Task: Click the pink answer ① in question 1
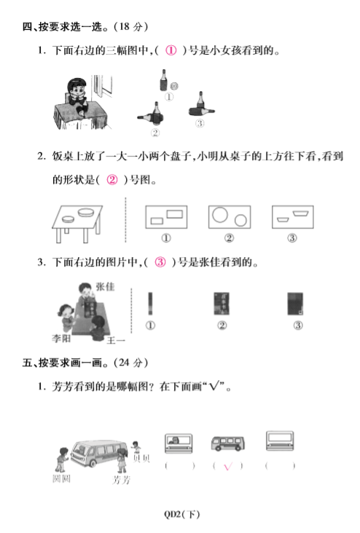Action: [x=171, y=50]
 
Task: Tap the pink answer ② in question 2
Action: [x=112, y=179]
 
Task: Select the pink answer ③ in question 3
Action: [x=160, y=262]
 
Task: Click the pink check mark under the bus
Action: [x=228, y=466]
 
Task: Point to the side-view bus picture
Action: [x=227, y=443]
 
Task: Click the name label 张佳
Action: [x=105, y=287]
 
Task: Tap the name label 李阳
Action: [x=61, y=339]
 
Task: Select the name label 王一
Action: [x=116, y=340]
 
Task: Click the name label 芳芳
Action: [x=122, y=480]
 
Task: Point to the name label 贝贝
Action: [x=141, y=459]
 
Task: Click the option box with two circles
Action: [x=230, y=217]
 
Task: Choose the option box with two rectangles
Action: [x=166, y=217]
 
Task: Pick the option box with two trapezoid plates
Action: [x=293, y=217]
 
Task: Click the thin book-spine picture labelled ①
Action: [x=150, y=304]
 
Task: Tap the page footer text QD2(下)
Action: [x=181, y=514]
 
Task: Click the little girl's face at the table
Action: [x=77, y=90]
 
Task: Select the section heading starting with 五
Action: [x=85, y=363]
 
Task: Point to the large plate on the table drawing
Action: [x=86, y=213]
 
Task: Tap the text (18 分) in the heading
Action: [x=131, y=26]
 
